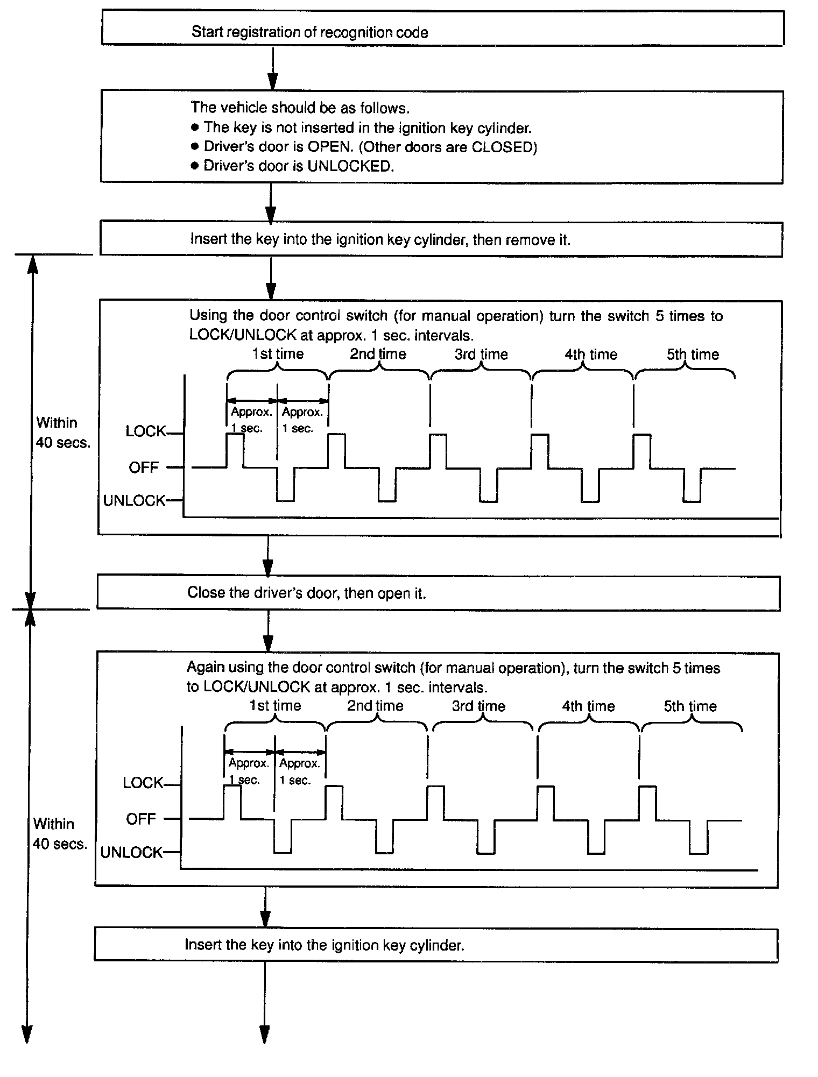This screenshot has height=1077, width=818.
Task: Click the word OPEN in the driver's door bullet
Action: pyautogui.click(x=328, y=147)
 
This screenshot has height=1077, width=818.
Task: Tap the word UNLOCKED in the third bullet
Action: pyautogui.click(x=350, y=166)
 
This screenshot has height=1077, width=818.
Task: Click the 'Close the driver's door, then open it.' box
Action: pyautogui.click(x=438, y=593)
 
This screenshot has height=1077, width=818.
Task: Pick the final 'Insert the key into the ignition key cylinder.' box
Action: pyautogui.click(x=436, y=945)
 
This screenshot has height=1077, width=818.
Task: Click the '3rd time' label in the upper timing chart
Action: pyautogui.click(x=481, y=355)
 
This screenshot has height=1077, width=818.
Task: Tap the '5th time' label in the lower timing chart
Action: pyautogui.click(x=690, y=706)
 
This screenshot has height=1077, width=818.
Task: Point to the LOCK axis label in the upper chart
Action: pyautogui.click(x=146, y=431)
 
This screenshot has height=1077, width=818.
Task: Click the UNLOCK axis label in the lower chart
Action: pyautogui.click(x=131, y=853)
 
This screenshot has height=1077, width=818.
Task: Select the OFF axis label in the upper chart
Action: pyautogui.click(x=144, y=468)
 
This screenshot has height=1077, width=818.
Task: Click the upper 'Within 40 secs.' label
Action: pyautogui.click(x=62, y=433)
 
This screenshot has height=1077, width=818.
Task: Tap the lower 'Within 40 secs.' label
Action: pyautogui.click(x=59, y=834)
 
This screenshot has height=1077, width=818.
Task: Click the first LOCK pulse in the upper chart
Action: pyautogui.click(x=235, y=450)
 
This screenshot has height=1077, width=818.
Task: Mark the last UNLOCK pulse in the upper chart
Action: pyautogui.click(x=692, y=486)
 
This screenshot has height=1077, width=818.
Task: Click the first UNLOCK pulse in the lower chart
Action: pyautogui.click(x=283, y=837)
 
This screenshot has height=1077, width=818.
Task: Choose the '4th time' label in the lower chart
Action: pyautogui.click(x=588, y=706)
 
